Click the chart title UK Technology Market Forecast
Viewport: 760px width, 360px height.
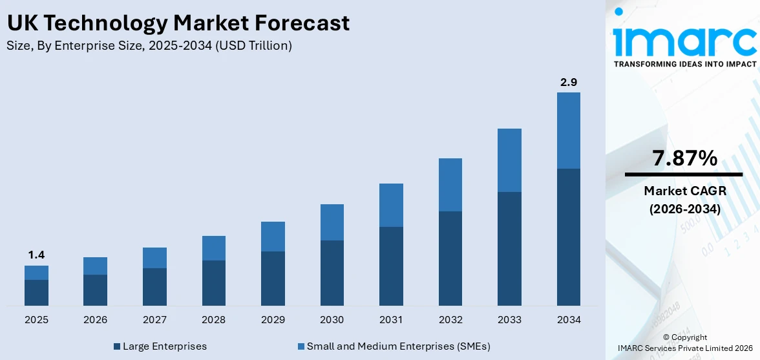tap(178, 23)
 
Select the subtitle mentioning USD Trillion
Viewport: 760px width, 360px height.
tap(149, 46)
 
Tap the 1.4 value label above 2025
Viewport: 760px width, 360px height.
tap(36, 255)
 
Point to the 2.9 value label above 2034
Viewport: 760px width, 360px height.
tap(568, 82)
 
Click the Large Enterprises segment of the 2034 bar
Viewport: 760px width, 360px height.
tap(568, 237)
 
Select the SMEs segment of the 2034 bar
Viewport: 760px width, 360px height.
tap(568, 131)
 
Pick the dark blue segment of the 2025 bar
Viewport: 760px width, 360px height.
tap(36, 292)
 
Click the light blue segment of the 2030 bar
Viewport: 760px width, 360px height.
tap(332, 222)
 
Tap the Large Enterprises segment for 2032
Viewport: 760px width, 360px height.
tap(450, 258)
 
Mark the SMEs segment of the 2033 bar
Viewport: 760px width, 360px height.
tap(509, 160)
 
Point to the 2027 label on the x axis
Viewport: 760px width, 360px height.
tap(154, 320)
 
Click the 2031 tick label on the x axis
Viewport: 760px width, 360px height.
tap(391, 320)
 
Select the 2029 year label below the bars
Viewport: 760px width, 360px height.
tap(273, 320)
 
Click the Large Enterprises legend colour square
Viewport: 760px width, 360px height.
tap(116, 346)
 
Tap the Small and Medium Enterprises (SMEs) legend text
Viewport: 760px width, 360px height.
tap(398, 346)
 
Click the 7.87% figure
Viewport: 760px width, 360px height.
tap(684, 158)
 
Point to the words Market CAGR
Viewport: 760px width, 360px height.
tap(684, 191)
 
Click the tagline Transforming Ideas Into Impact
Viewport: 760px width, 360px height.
tap(684, 64)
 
